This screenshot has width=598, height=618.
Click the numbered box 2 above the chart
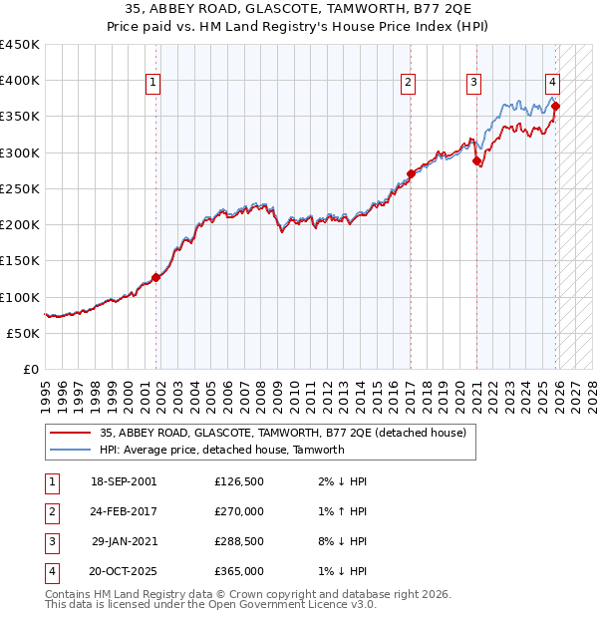(409, 84)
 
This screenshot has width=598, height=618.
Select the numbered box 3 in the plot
(474, 84)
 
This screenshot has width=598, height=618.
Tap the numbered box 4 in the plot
(552, 84)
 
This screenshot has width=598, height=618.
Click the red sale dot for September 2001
(155, 278)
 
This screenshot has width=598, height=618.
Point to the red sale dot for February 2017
(411, 174)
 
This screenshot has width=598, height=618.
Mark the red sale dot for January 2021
(476, 160)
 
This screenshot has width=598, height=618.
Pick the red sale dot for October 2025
(555, 106)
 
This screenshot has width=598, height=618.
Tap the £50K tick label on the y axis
(24, 333)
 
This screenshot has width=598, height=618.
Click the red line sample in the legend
(70, 434)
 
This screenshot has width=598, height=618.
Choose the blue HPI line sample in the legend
(70, 450)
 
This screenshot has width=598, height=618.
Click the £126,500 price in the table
(239, 481)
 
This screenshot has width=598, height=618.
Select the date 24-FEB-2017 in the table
(124, 511)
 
